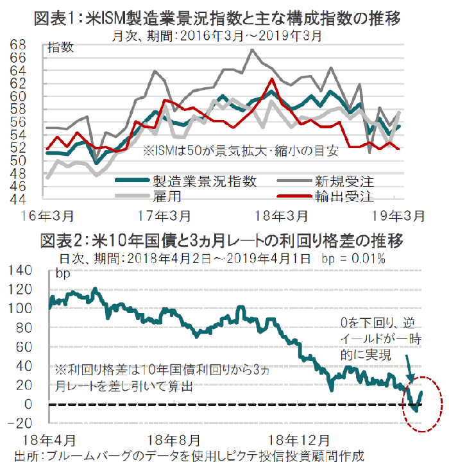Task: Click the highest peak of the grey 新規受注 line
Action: click(252, 50)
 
